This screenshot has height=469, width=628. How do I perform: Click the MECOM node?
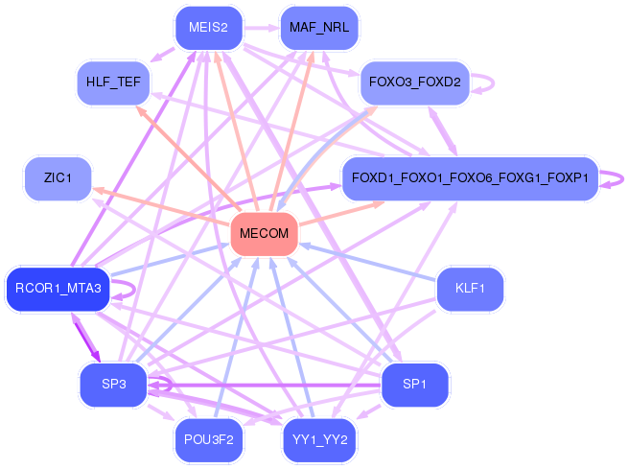pos(265,234)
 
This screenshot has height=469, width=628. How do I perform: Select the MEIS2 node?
pos(208,28)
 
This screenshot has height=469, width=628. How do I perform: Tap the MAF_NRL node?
pos(318,28)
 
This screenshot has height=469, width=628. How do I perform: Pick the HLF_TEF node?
pos(112,83)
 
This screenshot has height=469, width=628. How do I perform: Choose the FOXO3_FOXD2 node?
pos(412,83)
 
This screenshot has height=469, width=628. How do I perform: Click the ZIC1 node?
pos(58,177)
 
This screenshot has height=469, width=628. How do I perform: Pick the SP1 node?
pos(414,385)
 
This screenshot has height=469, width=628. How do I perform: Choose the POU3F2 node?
pos(208,440)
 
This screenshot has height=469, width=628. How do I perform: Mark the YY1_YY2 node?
pos(319,440)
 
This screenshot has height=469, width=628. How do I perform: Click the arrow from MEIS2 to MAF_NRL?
pos(261,28)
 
